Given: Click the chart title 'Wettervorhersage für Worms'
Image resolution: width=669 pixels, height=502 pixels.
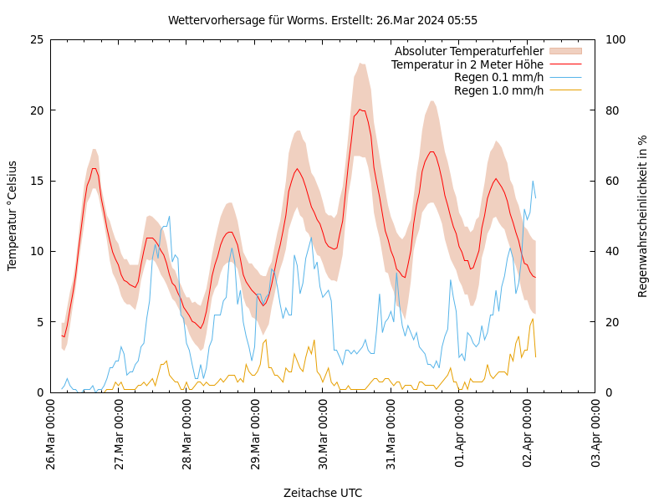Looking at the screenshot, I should point(322,20).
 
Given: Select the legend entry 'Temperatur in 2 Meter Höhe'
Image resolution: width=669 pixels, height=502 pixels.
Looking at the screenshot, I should point(467,64).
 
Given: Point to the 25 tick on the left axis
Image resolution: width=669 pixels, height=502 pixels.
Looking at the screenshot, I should point(36,39).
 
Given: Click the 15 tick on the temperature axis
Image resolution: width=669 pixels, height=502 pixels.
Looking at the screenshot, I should point(36,181).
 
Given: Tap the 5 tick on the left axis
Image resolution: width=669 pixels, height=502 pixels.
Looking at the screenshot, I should point(39,321).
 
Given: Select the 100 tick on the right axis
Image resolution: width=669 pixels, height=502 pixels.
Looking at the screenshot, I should point(615,39).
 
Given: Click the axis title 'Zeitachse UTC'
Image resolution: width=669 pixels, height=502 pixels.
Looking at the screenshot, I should point(323,493).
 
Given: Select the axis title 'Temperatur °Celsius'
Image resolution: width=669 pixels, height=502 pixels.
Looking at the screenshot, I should point(13,215).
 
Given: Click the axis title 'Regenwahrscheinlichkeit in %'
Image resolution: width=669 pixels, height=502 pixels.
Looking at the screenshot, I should point(643,215).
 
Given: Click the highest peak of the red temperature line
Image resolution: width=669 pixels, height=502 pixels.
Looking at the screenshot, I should point(360,110).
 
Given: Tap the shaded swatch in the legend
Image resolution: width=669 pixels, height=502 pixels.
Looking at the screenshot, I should point(564,52).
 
